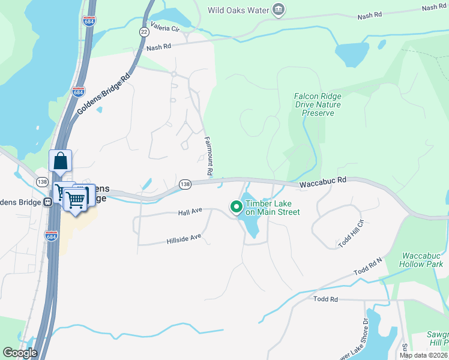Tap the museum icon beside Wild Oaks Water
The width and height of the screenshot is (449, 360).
pos(278,9)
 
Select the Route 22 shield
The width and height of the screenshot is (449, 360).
pos(144,31)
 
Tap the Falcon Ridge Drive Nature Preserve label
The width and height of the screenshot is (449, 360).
pos(318,104)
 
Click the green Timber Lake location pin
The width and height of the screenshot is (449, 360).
pos(237,207)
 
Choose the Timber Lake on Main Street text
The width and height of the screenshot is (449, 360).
pos(272,208)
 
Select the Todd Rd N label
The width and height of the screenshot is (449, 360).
pos(368,267)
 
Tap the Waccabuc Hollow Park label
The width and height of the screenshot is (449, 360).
pos(423,260)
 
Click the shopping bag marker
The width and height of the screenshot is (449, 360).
pos(60,161)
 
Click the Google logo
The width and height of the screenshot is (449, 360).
pos(19,353)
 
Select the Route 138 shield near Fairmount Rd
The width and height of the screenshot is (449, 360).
pos(185,184)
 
